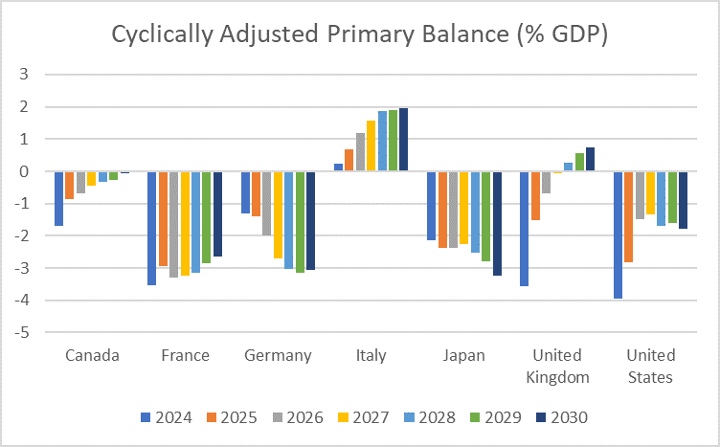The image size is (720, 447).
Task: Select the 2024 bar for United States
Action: [x=619, y=235]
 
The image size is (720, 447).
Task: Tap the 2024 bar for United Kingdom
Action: [x=525, y=229]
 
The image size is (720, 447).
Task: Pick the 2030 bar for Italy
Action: [x=403, y=140]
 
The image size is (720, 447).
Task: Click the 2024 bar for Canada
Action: [x=59, y=198]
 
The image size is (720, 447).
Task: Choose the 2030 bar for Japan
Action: [x=497, y=223]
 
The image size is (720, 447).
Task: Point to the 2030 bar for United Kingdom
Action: [x=590, y=160]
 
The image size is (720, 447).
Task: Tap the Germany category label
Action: [x=278, y=355]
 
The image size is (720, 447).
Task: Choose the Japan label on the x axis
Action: [x=463, y=355]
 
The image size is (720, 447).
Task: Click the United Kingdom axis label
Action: [x=556, y=365]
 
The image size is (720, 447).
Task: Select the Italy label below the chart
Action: [x=371, y=355]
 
